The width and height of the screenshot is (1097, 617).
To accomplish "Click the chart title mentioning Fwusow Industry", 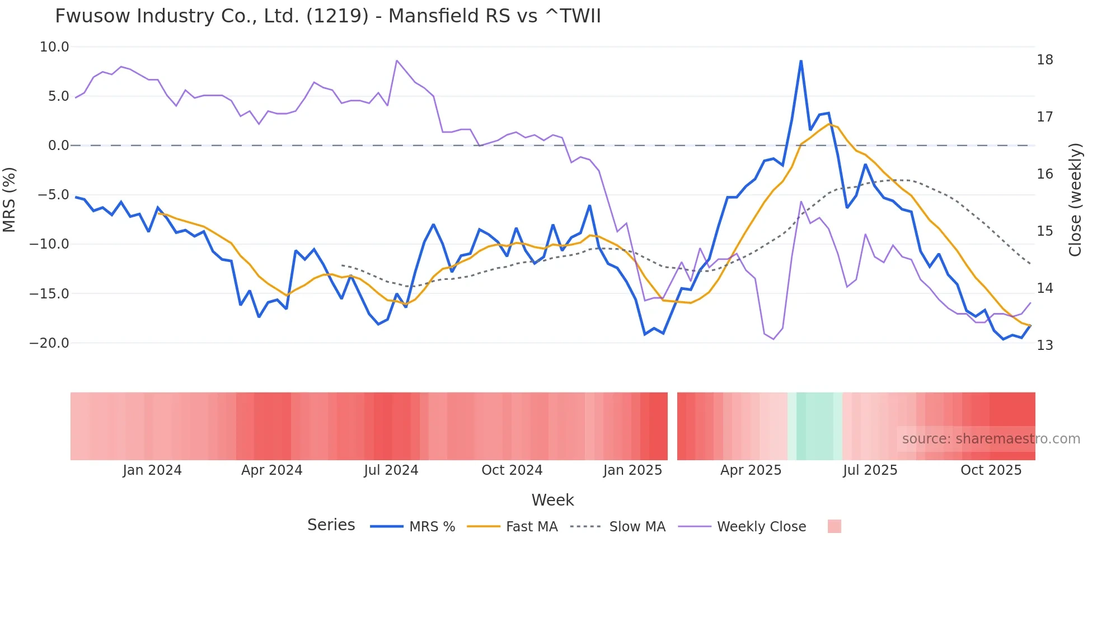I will tap(328, 16).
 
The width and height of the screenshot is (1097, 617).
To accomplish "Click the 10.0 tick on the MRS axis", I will tap(54, 47).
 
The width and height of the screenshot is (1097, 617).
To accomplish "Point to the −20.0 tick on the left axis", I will tap(49, 343).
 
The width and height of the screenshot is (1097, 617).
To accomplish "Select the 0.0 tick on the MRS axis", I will tap(58, 146).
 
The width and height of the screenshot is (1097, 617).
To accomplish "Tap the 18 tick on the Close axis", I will tap(1044, 60).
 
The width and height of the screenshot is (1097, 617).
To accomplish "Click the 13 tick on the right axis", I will tap(1044, 345).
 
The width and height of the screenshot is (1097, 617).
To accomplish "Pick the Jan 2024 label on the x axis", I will tap(152, 470).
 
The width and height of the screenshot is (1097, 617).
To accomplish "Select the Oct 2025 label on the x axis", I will tap(991, 470).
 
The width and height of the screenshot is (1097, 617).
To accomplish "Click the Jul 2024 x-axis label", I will tap(391, 470).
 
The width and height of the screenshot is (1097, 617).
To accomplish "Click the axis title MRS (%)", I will tap(10, 199).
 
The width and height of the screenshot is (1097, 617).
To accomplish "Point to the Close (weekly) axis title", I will tap(1075, 200).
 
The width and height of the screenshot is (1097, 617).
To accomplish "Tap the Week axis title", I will tap(552, 500).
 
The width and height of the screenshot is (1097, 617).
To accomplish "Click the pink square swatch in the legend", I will tap(834, 526).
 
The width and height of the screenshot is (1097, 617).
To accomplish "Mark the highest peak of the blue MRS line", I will tap(801, 61).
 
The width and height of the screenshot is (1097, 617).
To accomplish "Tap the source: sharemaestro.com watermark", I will tap(991, 439).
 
